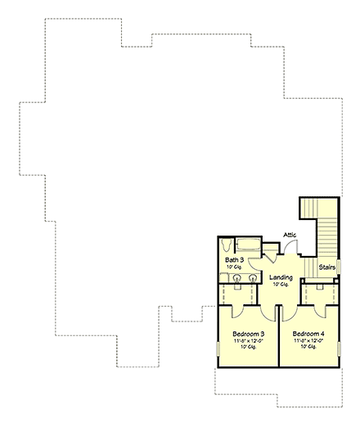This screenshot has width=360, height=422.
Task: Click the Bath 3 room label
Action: (x=234, y=260)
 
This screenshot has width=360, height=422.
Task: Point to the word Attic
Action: (x=290, y=236)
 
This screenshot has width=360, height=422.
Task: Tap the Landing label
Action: (x=281, y=277)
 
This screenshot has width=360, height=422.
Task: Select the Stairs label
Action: (x=327, y=267)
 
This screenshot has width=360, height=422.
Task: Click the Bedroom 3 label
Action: (x=246, y=334)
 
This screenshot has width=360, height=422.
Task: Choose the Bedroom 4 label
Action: (x=308, y=334)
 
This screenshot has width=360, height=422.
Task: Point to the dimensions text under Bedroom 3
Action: (x=246, y=341)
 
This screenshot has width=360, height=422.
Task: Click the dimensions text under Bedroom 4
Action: (x=308, y=341)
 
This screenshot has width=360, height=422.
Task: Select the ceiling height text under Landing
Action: (x=281, y=285)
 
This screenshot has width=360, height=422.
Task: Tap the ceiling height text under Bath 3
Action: (x=234, y=267)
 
